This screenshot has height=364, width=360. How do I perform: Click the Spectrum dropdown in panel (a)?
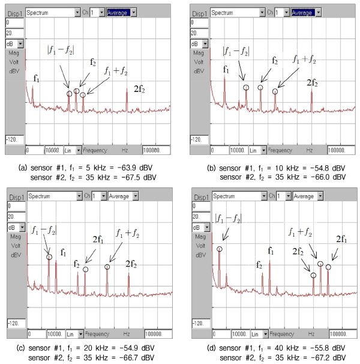(x=53, y=12)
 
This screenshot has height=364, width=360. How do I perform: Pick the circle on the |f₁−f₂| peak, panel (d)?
(x=220, y=249)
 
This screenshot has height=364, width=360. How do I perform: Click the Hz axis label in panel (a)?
(x=125, y=149)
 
